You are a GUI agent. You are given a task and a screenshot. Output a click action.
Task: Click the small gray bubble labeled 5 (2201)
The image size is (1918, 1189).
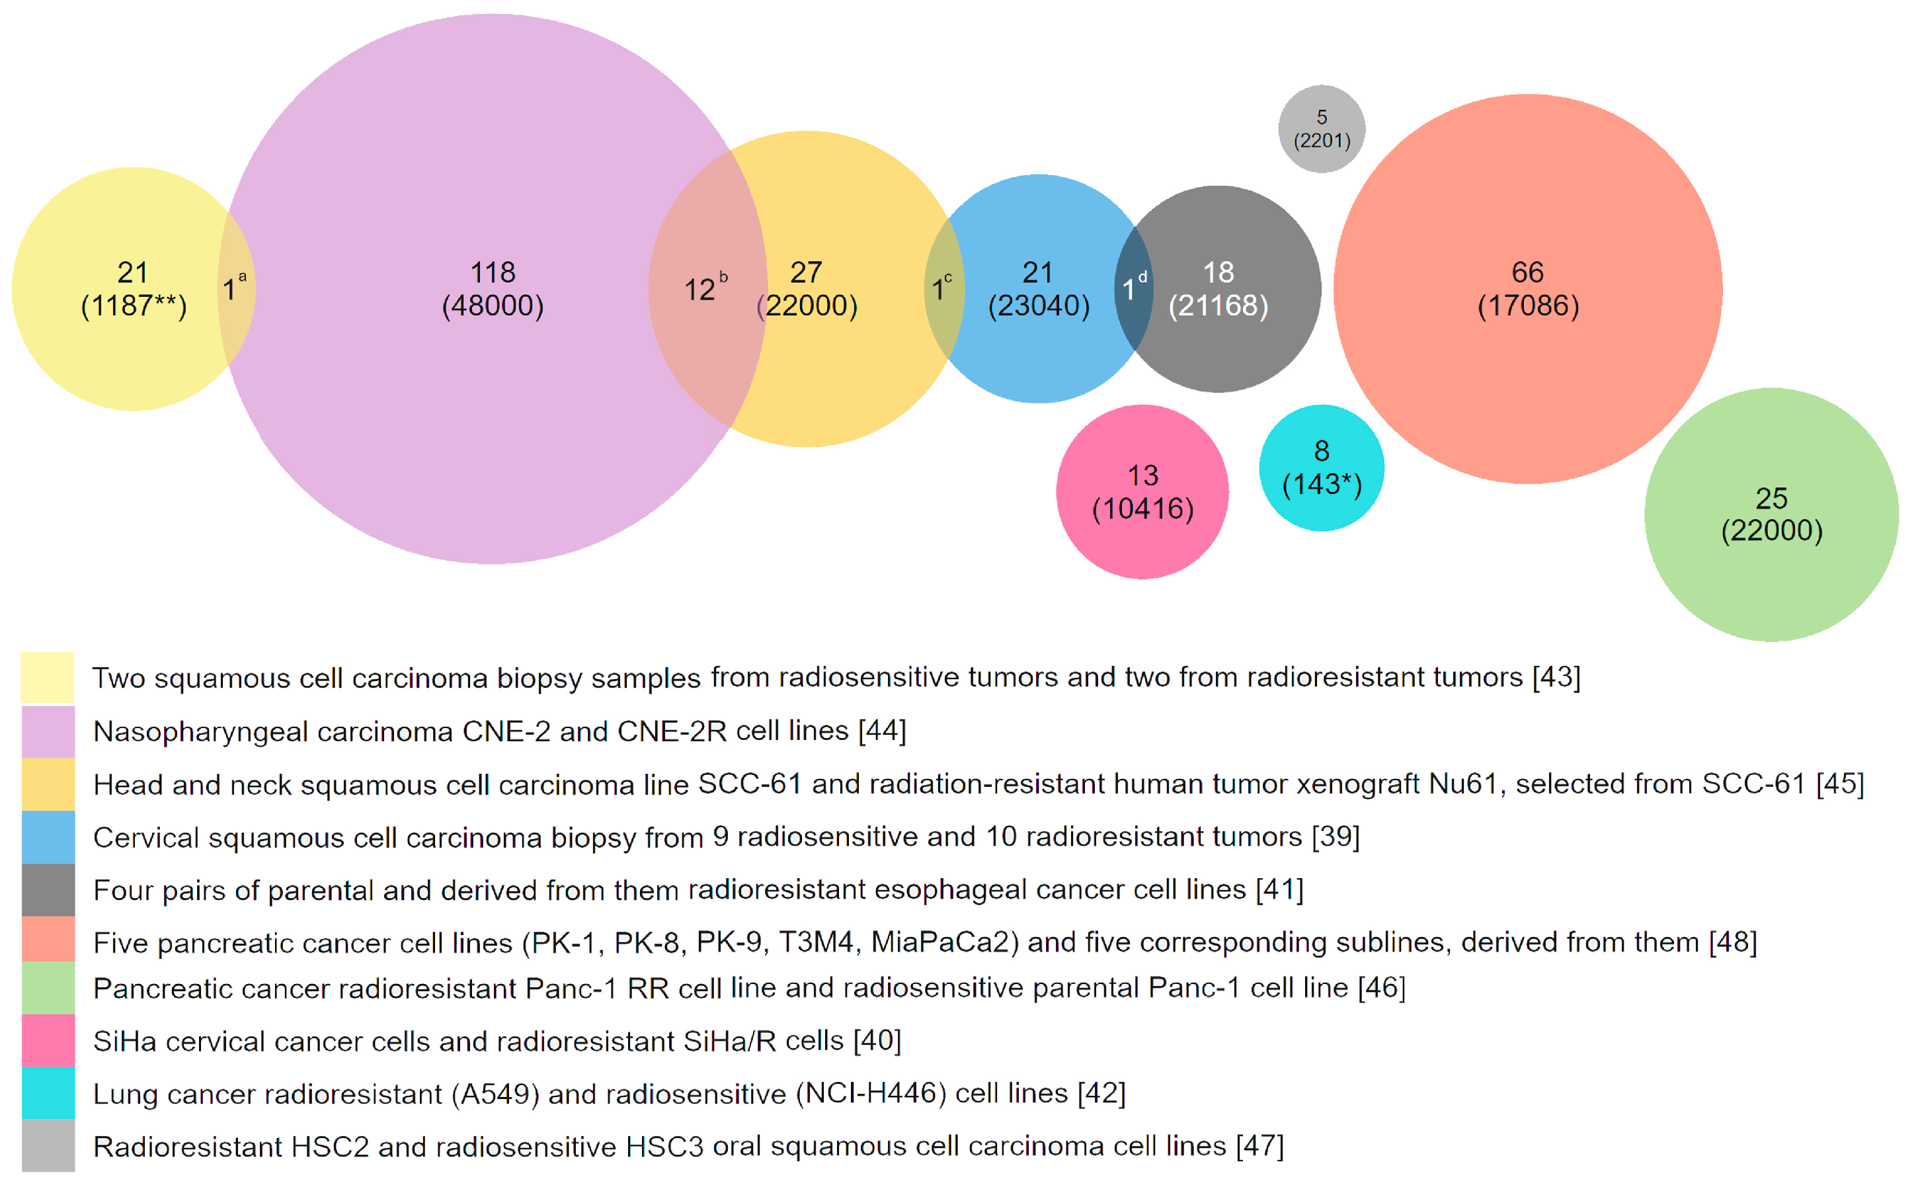(1322, 129)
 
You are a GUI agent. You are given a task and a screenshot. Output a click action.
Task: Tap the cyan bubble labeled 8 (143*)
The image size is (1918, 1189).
(1322, 468)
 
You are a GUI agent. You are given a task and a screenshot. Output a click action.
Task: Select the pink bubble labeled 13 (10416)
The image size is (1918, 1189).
(1142, 492)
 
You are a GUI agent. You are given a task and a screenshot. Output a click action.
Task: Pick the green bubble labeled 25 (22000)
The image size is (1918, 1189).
(1771, 514)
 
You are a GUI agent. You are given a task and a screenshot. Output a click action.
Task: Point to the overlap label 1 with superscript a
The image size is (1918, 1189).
(232, 288)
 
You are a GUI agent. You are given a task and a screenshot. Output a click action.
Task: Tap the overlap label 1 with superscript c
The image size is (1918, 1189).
(940, 288)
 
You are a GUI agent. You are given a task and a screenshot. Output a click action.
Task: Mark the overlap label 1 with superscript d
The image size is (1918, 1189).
(1132, 288)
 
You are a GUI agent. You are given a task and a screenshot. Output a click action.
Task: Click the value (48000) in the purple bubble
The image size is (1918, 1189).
(493, 305)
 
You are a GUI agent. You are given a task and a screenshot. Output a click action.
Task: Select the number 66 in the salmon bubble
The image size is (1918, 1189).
(1527, 272)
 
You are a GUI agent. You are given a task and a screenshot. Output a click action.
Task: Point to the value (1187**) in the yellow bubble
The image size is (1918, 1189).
(134, 305)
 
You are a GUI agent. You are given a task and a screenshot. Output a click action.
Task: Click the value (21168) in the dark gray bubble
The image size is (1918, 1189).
(1218, 305)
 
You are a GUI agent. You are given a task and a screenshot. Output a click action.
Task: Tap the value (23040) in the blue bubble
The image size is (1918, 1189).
(1039, 305)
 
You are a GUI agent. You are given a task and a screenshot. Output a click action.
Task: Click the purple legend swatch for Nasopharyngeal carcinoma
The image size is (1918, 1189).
(48, 731)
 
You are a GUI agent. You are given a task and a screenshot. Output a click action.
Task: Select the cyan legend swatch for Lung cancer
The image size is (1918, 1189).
(48, 1093)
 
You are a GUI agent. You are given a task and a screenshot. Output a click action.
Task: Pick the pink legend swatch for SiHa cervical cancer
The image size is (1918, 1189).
(48, 1040)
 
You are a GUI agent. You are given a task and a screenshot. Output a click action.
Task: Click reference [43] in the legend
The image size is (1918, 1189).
(1556, 677)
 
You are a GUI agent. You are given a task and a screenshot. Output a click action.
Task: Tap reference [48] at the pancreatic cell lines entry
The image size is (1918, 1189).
(1732, 942)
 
